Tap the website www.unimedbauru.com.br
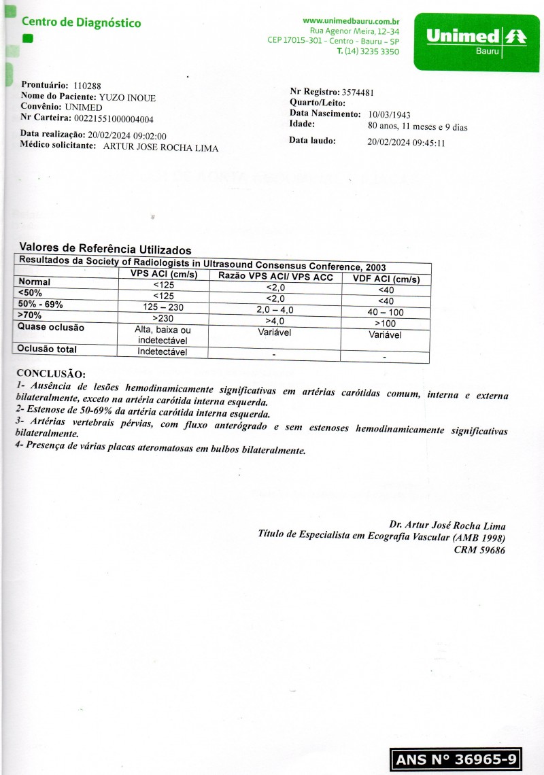click(350, 22)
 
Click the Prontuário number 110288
click(86, 86)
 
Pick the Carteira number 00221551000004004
click(114, 119)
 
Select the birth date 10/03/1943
click(389, 115)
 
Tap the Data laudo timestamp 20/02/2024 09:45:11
click(406, 143)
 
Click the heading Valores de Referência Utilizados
click(105, 249)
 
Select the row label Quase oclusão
click(52, 328)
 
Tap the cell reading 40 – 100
click(386, 313)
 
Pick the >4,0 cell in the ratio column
click(275, 322)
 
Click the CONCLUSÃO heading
click(51, 374)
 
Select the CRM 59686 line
click(479, 551)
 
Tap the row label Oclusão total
click(48, 349)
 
